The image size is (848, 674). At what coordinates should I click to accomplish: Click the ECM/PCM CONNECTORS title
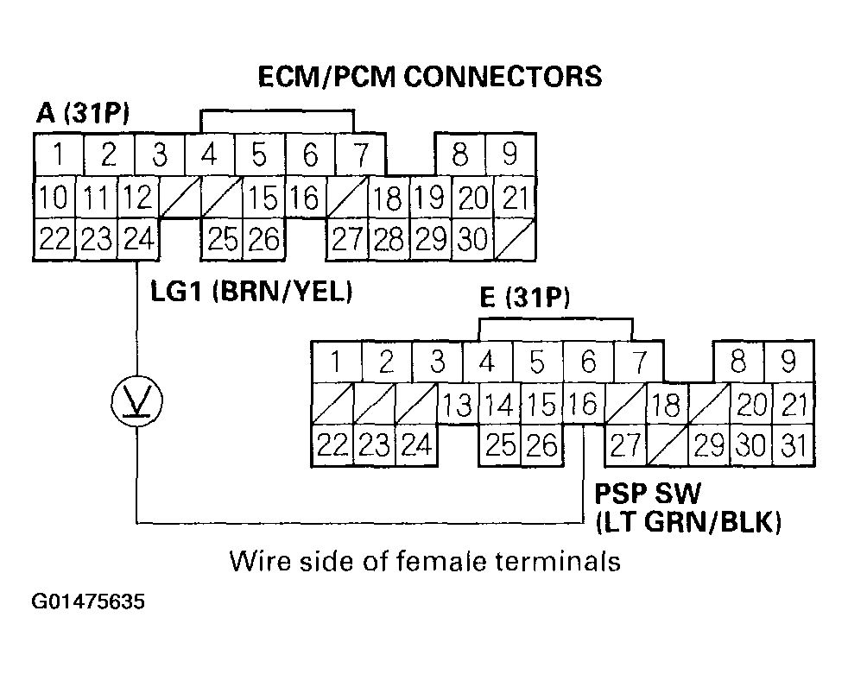click(429, 76)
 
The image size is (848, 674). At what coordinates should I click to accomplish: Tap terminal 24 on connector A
click(138, 238)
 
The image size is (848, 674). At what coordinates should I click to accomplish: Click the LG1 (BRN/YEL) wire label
click(252, 292)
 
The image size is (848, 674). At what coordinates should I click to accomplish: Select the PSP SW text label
click(648, 494)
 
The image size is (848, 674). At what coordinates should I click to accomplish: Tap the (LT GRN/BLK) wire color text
click(687, 520)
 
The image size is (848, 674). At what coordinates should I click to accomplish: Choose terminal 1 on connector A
click(59, 155)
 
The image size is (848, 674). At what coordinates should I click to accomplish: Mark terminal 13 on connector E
click(457, 404)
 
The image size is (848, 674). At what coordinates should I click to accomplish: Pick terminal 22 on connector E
click(331, 445)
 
